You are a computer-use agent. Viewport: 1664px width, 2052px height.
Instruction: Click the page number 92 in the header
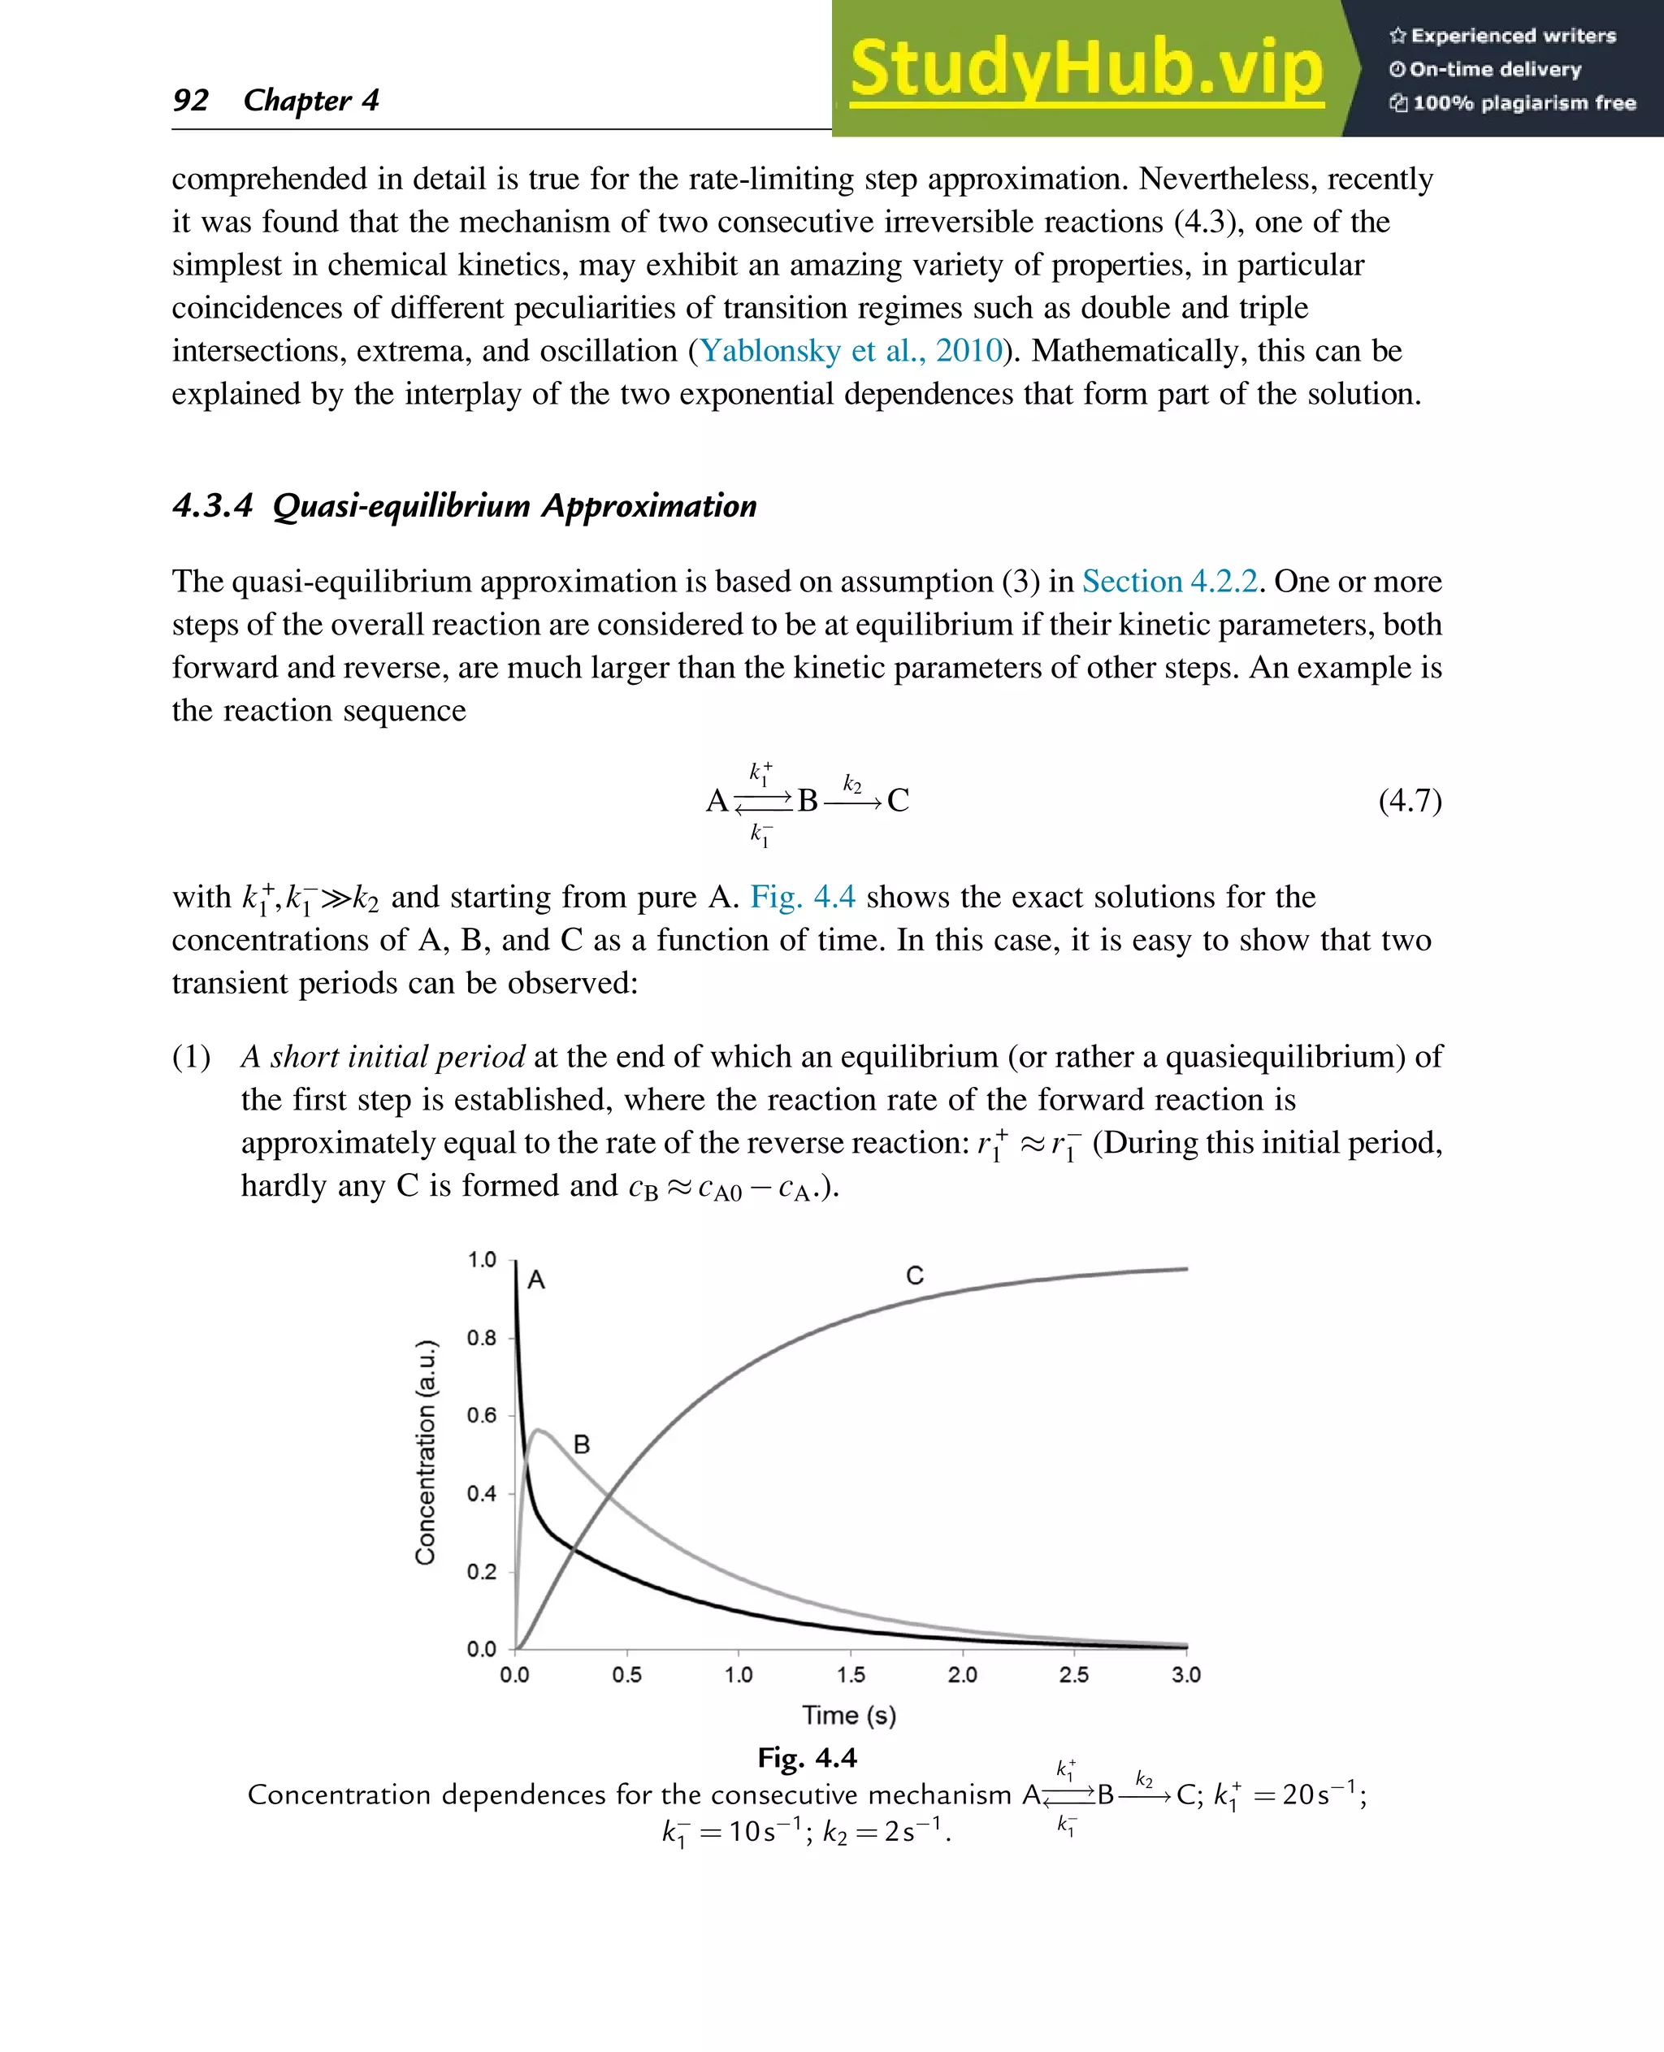tap(190, 100)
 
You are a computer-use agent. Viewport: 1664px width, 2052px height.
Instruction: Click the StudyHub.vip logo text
tap(1086, 69)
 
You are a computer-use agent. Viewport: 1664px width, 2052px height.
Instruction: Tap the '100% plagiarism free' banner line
tap(1514, 103)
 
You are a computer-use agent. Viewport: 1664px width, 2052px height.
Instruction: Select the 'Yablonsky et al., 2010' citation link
tap(850, 351)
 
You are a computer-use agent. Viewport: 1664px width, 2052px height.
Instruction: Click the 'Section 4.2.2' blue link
tap(1168, 582)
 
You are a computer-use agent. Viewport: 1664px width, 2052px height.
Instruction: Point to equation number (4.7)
tap(1409, 800)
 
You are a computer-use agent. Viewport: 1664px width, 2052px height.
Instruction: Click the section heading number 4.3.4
tap(212, 505)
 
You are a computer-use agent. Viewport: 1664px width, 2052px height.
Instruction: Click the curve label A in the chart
tap(535, 1280)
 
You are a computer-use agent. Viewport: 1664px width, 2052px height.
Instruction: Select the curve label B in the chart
tap(581, 1444)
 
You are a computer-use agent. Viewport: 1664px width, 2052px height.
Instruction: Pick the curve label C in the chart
tap(914, 1275)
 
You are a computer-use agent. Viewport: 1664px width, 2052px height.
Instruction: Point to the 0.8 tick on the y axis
tap(481, 1338)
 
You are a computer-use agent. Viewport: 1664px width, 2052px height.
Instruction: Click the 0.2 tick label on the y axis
tap(481, 1572)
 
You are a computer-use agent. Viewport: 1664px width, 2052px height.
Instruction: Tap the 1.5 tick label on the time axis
tap(850, 1675)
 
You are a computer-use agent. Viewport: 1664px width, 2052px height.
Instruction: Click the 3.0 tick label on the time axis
tap(1185, 1675)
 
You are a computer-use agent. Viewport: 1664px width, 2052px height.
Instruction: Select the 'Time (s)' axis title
tap(848, 1716)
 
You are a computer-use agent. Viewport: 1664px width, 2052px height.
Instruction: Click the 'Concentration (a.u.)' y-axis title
tap(425, 1453)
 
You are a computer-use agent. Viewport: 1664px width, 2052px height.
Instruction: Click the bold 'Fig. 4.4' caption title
tap(806, 1759)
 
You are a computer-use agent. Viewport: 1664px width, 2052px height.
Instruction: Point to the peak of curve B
tap(539, 1430)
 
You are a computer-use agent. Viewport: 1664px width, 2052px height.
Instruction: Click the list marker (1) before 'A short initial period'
tap(191, 1057)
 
